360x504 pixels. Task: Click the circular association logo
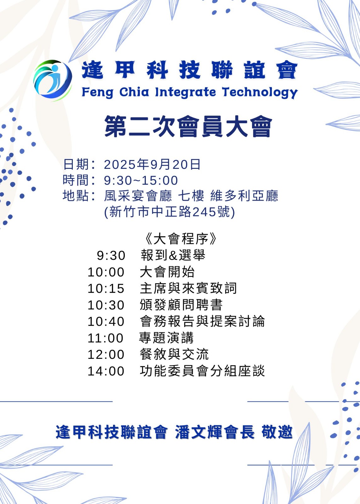53,80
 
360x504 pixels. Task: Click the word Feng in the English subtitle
97,92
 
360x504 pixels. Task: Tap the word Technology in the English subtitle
260,92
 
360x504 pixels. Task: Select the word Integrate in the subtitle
186,92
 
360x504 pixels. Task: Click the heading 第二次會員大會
189,126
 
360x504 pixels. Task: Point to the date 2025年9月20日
152,164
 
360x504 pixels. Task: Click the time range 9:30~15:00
141,180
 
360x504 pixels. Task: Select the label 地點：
79,196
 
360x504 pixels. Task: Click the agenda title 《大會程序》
181,239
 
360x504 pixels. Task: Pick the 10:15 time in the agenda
106,289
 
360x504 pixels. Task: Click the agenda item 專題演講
166,338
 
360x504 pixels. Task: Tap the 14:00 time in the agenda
106,371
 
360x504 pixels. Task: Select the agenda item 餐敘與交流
174,355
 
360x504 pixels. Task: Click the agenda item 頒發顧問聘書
181,305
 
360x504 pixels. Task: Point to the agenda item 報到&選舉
173,255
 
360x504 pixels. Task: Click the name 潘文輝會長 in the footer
215,432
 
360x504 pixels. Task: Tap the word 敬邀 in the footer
277,432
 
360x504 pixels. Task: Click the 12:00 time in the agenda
106,355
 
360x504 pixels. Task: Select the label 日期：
79,164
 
